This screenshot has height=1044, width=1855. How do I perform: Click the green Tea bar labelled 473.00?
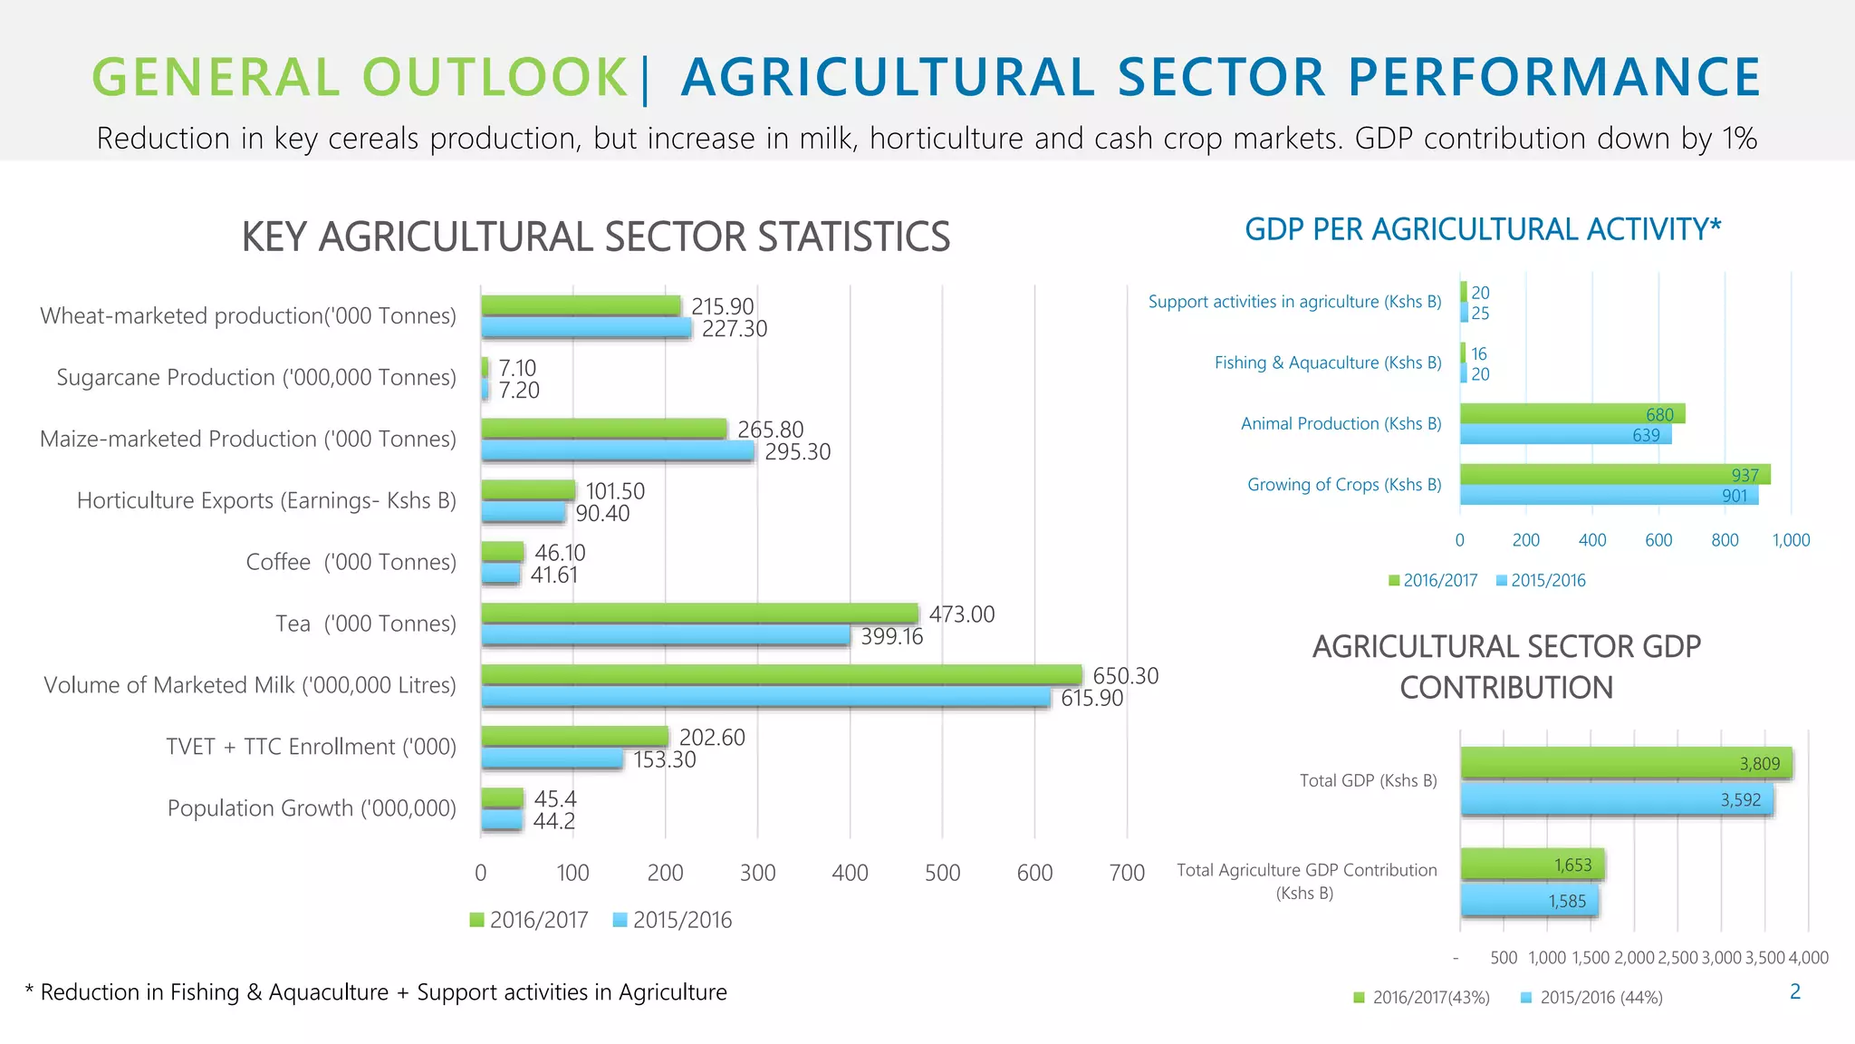699,614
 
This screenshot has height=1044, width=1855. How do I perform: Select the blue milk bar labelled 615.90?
765,697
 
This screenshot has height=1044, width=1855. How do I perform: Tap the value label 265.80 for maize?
770,430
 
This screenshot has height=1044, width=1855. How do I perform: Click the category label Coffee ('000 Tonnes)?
351,562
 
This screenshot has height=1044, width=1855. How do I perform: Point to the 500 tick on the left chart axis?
942,873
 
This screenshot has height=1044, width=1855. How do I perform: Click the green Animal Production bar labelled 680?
1571,414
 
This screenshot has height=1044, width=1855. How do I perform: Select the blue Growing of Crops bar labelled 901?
1608,495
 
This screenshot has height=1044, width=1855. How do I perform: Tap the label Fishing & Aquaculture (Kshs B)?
1327,362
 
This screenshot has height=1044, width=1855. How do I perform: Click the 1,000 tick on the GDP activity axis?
1791,540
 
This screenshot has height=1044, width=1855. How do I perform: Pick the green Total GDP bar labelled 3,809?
1626,763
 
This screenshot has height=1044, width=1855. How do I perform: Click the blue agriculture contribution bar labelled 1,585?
1529,901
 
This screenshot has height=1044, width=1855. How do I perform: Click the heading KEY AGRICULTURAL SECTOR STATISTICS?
595,237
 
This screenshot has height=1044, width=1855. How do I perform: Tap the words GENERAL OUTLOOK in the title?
360,77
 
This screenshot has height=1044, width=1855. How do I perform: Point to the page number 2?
1795,991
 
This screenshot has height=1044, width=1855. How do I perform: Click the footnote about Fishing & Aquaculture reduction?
376,992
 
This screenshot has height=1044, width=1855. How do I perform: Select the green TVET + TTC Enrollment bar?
574,736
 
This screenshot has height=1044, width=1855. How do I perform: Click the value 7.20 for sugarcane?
518,391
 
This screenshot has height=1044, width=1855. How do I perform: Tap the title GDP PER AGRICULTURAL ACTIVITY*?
1482,229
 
